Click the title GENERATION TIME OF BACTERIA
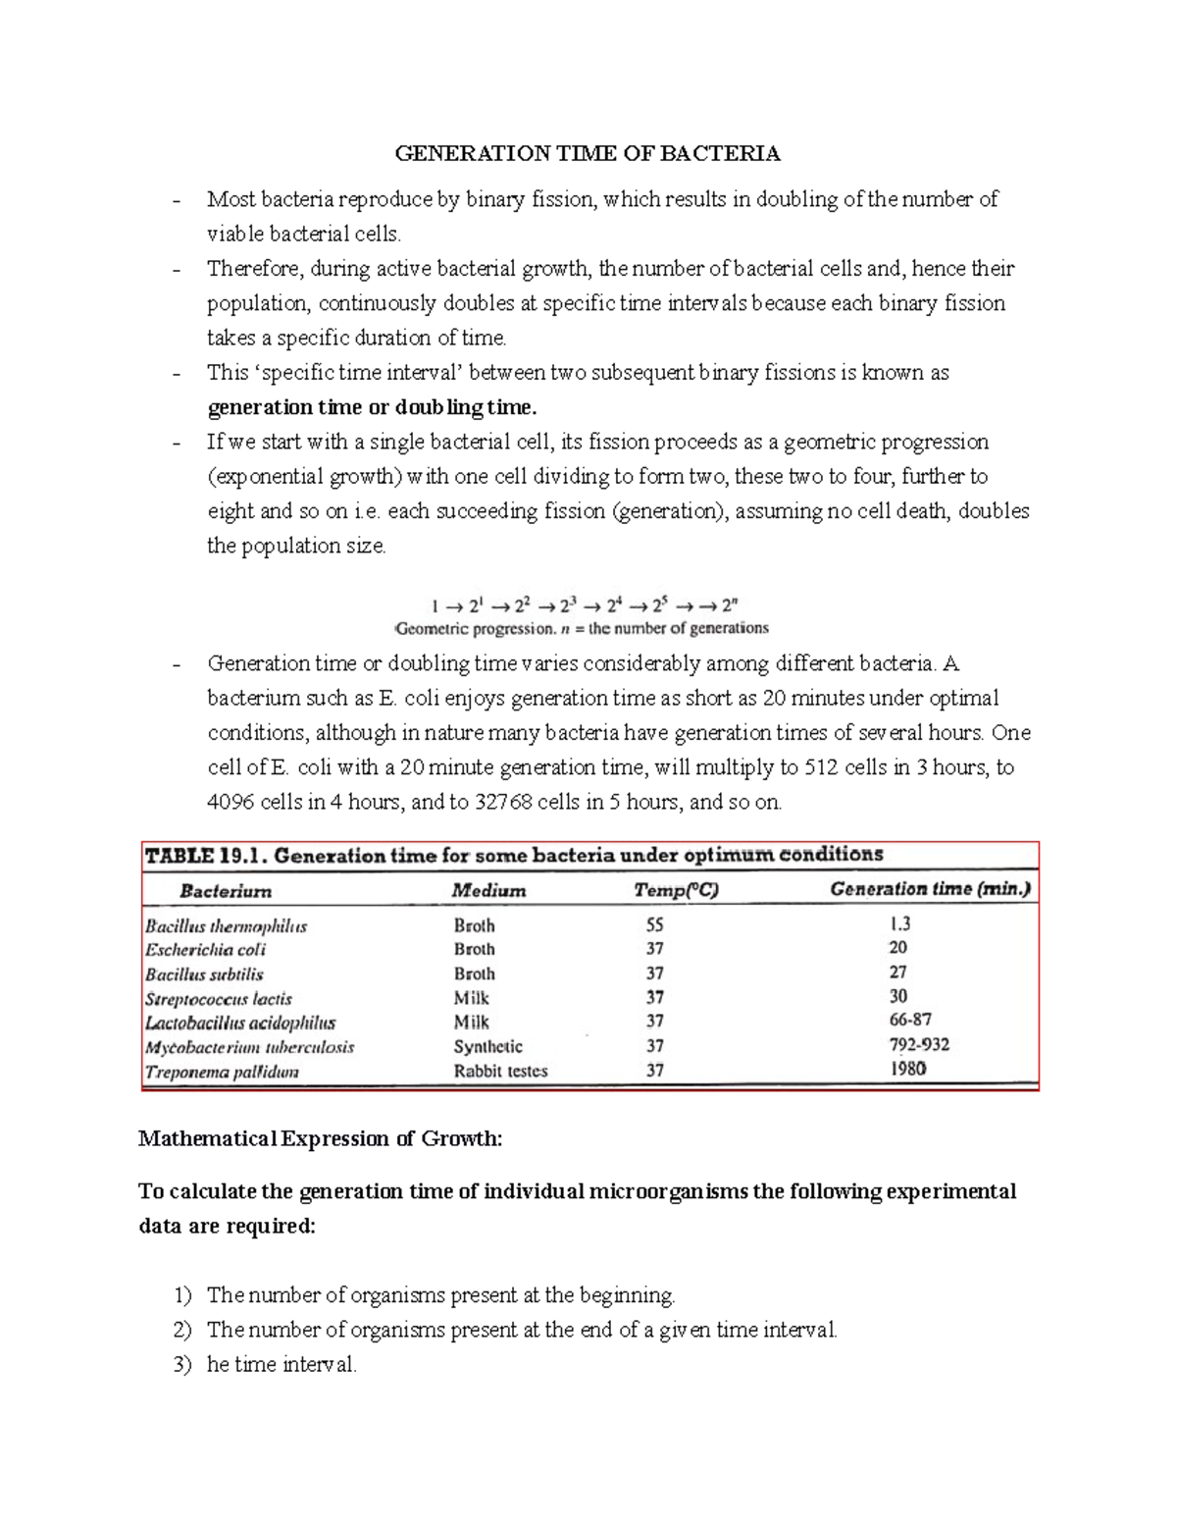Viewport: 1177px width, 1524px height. pos(587,153)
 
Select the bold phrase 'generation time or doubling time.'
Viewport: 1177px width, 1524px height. pos(372,407)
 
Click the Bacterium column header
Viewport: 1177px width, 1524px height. pos(226,891)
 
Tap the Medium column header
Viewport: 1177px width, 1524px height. pos(488,891)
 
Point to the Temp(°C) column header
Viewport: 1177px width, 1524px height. pos(676,891)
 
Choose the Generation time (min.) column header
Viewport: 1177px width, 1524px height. pos(930,889)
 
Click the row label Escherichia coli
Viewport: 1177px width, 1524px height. pos(205,950)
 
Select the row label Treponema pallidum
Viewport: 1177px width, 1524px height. pos(222,1072)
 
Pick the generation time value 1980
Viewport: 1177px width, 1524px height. pos(907,1069)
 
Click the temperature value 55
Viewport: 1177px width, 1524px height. pos(654,925)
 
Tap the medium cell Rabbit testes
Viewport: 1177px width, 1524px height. pos(500,1071)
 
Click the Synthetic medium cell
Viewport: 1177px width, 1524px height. pos(487,1047)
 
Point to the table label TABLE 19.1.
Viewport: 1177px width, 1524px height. pos(205,856)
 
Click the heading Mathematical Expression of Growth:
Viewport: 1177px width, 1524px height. pos(320,1138)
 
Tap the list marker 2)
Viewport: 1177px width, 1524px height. pos(182,1330)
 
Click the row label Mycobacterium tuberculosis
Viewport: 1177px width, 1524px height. pos(249,1047)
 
